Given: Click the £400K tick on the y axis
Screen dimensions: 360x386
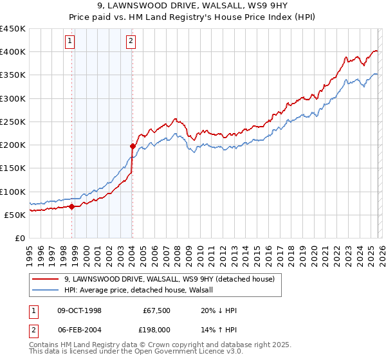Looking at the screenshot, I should coord(13,52).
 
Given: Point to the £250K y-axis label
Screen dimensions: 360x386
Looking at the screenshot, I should coord(13,122).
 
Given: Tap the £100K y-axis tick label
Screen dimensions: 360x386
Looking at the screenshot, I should coord(13,192).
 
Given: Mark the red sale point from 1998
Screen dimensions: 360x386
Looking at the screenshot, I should coord(72,206).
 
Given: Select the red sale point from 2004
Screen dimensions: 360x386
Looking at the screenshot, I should coord(132,146).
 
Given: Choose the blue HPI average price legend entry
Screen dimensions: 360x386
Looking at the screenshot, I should coord(143,290).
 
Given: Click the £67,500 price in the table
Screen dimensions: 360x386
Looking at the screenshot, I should coord(155,310).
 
